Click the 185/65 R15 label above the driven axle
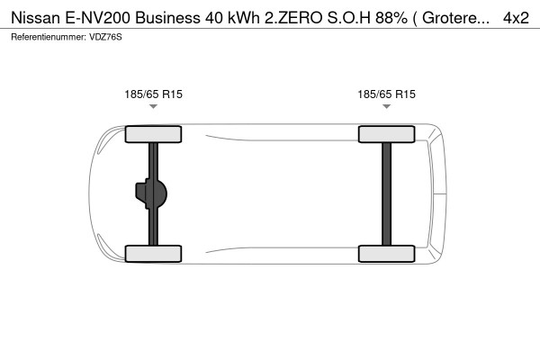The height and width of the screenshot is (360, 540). pyautogui.click(x=153, y=93)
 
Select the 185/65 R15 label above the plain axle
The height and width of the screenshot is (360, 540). pyautogui.click(x=386, y=93)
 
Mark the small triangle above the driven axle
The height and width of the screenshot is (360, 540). pyautogui.click(x=153, y=107)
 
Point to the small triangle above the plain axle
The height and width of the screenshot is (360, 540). pyautogui.click(x=386, y=107)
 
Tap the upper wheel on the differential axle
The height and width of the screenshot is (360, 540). pyautogui.click(x=153, y=135)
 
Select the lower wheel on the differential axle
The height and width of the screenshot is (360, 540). pyautogui.click(x=153, y=253)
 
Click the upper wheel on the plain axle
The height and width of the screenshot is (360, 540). pyautogui.click(x=386, y=135)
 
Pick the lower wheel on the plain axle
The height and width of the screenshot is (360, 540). pyautogui.click(x=386, y=253)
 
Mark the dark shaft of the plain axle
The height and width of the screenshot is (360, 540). pyautogui.click(x=386, y=193)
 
